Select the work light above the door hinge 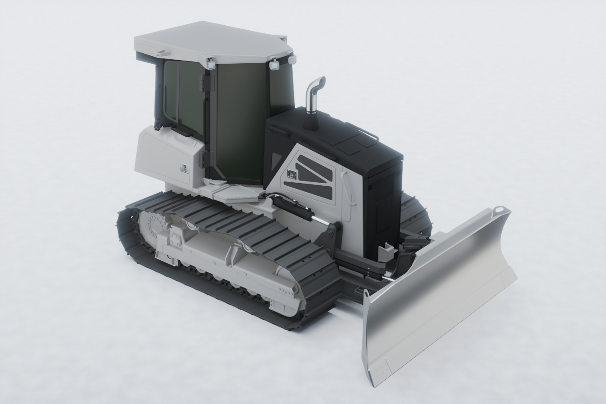click(x=212, y=64)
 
